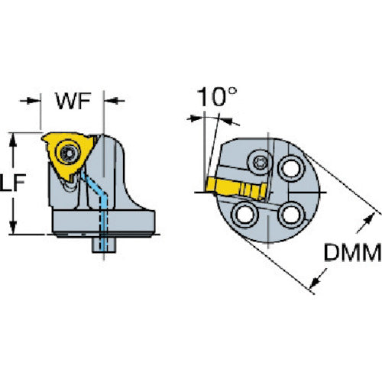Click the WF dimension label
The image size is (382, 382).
tap(73, 101)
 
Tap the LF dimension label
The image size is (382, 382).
tap(13, 183)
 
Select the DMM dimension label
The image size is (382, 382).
tap(353, 252)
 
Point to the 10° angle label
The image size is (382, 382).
tap(217, 97)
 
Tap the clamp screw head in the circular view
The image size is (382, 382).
tap(260, 163)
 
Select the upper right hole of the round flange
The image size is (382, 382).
tap(291, 168)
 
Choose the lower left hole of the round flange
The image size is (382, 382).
tap(245, 215)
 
